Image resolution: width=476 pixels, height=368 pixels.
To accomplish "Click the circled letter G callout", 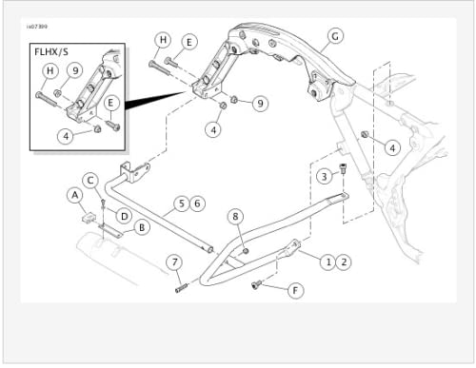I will click(x=334, y=39).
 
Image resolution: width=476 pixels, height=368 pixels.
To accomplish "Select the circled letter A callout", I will click(x=74, y=195).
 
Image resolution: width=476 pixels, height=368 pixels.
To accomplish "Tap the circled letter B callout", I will click(x=141, y=227).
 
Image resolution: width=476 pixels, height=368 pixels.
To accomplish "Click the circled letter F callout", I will click(x=295, y=288).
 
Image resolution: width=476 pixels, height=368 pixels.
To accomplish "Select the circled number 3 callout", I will click(x=324, y=176).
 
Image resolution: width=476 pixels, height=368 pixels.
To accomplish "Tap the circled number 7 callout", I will click(x=174, y=261).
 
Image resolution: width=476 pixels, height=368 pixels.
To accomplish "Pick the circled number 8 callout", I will click(x=236, y=218).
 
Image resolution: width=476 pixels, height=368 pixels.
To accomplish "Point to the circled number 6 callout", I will click(x=197, y=203).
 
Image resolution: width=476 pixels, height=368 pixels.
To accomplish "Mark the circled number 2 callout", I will click(x=344, y=260).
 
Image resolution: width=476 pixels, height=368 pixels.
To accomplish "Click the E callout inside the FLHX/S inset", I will click(x=111, y=103).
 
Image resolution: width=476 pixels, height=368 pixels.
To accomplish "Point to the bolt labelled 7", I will click(x=183, y=286).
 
